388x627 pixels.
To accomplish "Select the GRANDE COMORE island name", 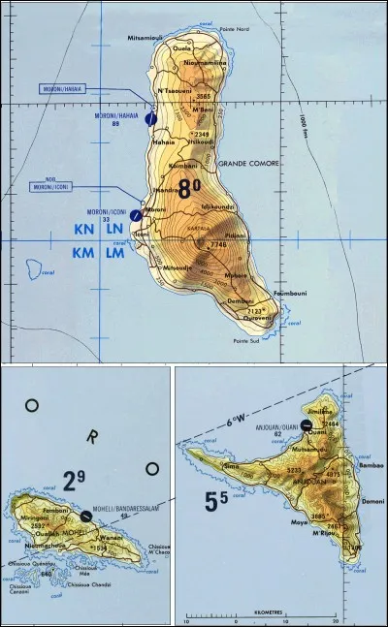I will (x=244, y=163).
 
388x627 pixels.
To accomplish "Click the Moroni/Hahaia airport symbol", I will (x=151, y=118).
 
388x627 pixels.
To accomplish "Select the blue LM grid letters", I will (x=114, y=253).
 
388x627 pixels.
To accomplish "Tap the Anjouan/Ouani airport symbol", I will (x=307, y=424).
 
